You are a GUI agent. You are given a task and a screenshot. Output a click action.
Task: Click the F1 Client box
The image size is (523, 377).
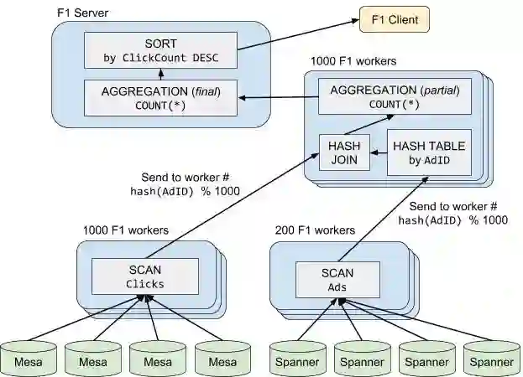tap(394, 18)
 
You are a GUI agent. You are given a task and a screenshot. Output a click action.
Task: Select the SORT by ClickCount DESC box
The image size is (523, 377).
tap(160, 51)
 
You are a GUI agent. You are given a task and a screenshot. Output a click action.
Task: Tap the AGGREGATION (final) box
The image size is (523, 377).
tap(160, 97)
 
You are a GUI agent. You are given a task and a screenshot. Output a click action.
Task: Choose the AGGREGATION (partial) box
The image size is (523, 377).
tap(394, 96)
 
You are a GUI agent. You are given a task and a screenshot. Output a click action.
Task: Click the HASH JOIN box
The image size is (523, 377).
tap(344, 152)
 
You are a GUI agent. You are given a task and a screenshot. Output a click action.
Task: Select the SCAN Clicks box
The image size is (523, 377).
tap(144, 276)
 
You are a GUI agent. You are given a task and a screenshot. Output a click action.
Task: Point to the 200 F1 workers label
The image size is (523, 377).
tap(315, 230)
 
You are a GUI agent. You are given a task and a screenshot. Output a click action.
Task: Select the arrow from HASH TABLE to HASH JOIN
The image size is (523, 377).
tap(378, 152)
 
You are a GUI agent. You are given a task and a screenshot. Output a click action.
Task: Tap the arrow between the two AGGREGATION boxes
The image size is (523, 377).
tap(277, 99)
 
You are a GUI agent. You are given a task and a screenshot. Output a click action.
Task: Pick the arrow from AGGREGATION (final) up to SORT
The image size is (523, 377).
tap(160, 75)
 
